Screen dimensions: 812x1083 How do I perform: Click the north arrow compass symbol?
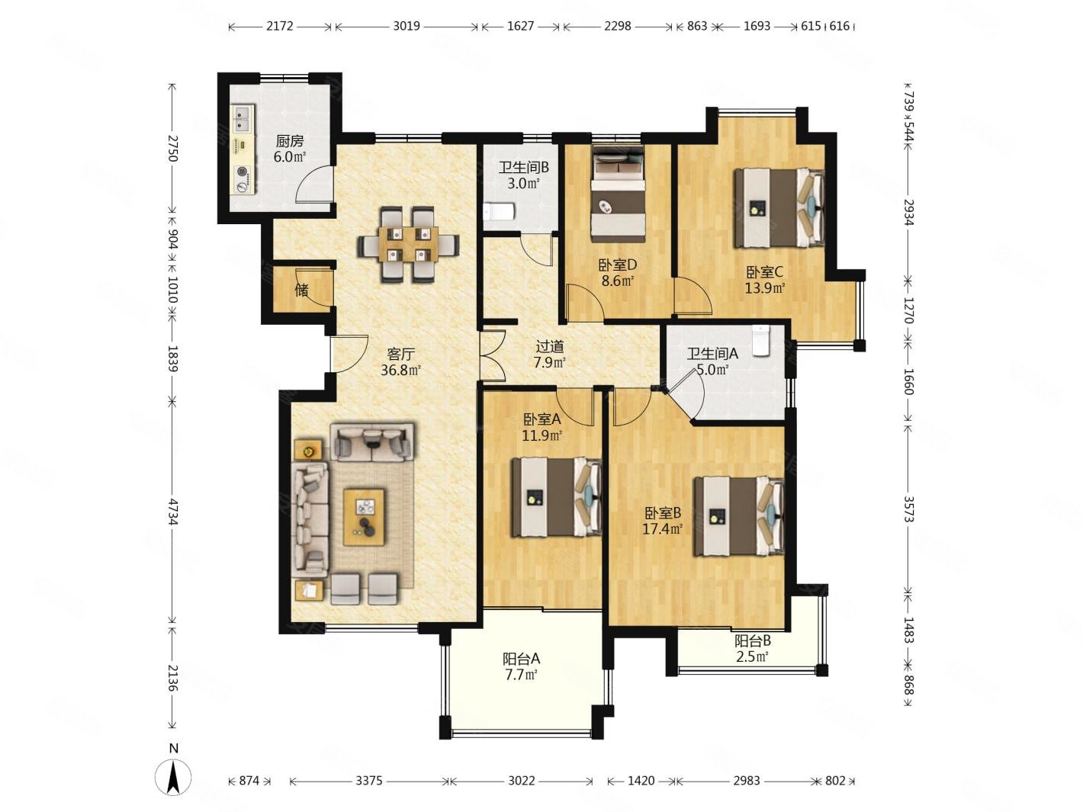(173, 777)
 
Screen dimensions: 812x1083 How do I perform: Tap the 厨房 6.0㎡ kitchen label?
(290, 149)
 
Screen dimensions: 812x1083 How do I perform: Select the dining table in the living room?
(409, 244)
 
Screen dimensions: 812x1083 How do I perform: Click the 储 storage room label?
(302, 290)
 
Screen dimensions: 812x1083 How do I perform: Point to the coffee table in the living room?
(364, 517)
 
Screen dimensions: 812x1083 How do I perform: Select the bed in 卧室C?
(779, 207)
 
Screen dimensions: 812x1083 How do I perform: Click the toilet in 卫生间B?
(500, 212)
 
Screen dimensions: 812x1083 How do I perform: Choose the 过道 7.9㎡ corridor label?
(549, 355)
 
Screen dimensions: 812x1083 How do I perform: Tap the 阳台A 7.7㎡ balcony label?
(522, 666)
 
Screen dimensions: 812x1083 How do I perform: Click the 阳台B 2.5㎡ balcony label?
(752, 649)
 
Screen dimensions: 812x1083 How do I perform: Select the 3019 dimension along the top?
(407, 26)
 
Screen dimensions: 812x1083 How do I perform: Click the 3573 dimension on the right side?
(908, 509)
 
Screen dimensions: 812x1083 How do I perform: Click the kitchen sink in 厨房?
(243, 118)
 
